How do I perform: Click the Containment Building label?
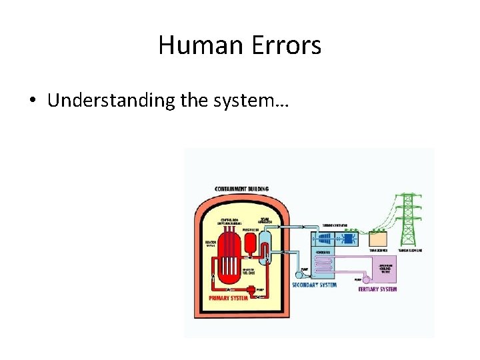point(241,189)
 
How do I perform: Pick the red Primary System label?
point(229,297)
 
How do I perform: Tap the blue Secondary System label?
point(314,285)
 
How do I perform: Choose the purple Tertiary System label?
point(377,289)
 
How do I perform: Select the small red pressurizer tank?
point(251,245)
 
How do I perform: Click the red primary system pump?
point(252,290)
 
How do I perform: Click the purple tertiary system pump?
point(365,280)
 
